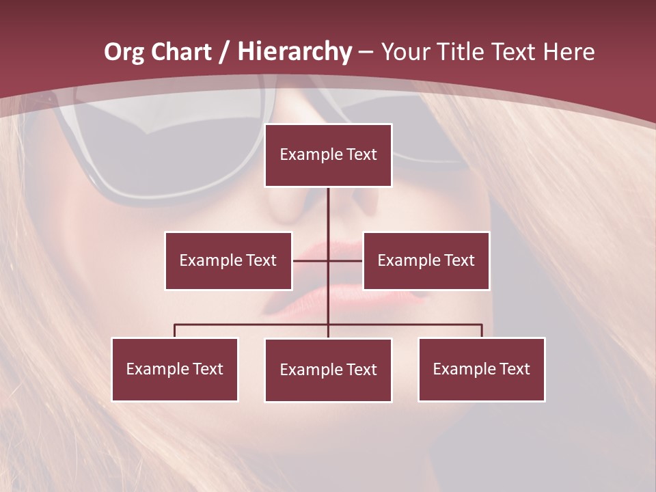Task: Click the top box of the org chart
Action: click(x=328, y=155)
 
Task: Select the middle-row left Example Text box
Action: click(x=228, y=260)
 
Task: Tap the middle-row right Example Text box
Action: click(x=426, y=260)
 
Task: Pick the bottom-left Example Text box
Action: click(x=175, y=369)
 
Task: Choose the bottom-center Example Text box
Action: click(x=328, y=370)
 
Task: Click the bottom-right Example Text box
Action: click(x=481, y=369)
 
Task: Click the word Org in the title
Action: click(x=124, y=52)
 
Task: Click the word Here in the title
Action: click(x=569, y=52)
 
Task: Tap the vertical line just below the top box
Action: click(x=328, y=205)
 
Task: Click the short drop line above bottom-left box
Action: click(x=175, y=331)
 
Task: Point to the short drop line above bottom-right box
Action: click(x=482, y=331)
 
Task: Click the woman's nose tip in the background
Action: click(x=342, y=205)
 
